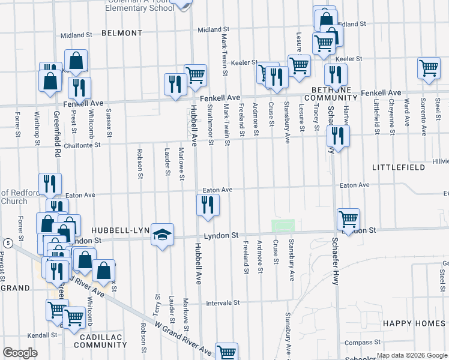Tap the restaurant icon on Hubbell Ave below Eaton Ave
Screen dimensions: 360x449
click(208, 206)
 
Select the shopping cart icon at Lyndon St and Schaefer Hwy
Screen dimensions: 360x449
click(348, 218)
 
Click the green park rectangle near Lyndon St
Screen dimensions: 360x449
click(283, 226)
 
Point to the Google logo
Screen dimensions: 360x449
click(20, 353)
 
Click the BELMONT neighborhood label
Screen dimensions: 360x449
click(122, 33)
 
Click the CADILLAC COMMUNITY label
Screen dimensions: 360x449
click(100, 340)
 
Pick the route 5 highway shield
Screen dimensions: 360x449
click(7, 243)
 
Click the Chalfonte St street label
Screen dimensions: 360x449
click(74, 144)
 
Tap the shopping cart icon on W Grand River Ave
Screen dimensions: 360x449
click(227, 352)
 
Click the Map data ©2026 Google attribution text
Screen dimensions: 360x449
click(411, 355)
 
